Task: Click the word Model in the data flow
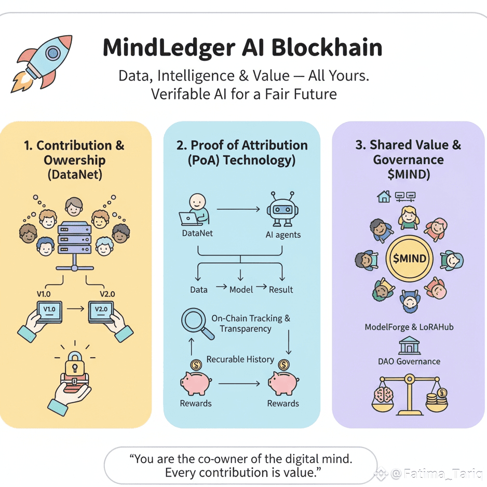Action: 242,289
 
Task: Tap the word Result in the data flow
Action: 281,289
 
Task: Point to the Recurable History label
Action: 240,359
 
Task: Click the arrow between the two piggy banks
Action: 239,384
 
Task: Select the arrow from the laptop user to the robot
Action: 238,209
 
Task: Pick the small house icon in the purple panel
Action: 384,197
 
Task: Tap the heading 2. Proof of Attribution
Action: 242,145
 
